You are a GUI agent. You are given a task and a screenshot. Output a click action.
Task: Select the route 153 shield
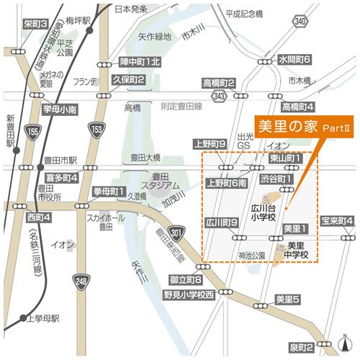96,127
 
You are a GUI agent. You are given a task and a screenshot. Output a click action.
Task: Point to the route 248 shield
78,280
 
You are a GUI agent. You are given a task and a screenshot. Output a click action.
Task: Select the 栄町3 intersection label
35,24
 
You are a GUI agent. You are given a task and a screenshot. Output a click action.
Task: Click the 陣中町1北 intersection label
141,62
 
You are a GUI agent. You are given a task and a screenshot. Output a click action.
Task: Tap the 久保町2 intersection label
130,80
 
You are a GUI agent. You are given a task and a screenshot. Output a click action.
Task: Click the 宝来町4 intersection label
336,220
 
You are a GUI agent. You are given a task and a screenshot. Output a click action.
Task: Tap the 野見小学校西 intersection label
189,294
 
